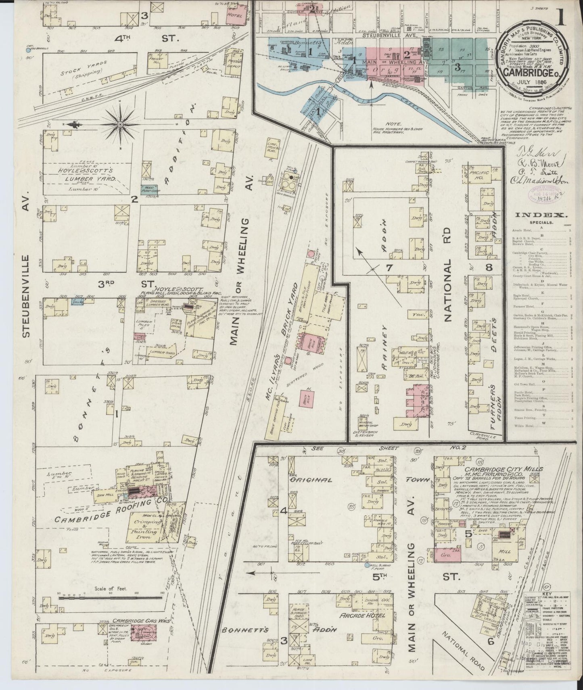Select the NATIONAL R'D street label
click(x=446, y=291)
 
